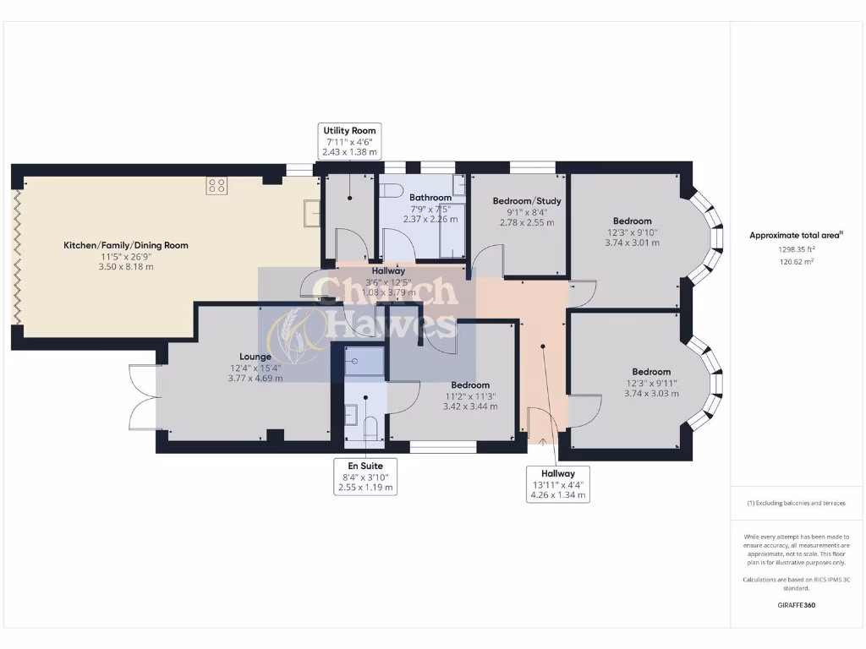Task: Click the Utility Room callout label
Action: pyautogui.click(x=349, y=141)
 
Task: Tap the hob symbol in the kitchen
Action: pyautogui.click(x=216, y=185)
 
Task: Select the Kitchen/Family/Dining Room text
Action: pyautogui.click(x=126, y=245)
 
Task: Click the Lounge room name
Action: pyautogui.click(x=255, y=357)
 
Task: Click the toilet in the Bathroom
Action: pyautogui.click(x=391, y=190)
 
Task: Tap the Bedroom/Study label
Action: pyautogui.click(x=527, y=201)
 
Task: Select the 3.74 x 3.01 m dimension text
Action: pyautogui.click(x=632, y=243)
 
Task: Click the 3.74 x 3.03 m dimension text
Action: pyautogui.click(x=651, y=393)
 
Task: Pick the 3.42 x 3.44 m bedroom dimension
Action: pyautogui.click(x=469, y=406)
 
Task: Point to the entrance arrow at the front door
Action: pyautogui.click(x=541, y=440)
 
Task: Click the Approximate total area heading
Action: pyautogui.click(x=796, y=236)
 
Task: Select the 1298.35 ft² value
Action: pyautogui.click(x=796, y=250)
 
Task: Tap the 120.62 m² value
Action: pyautogui.click(x=796, y=263)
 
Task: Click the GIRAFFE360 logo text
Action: pyautogui.click(x=796, y=605)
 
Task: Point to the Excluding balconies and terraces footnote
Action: pyautogui.click(x=796, y=503)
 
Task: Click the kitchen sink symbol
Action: pyautogui.click(x=312, y=214)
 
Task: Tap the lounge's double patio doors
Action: pyautogui.click(x=142, y=396)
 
